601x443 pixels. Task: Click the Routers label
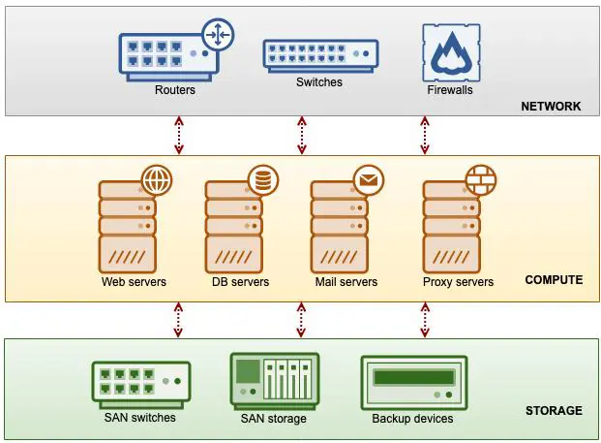pyautogui.click(x=175, y=90)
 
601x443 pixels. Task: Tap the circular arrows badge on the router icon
pyautogui.click(x=218, y=35)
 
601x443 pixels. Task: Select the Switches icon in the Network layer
pyautogui.click(x=320, y=56)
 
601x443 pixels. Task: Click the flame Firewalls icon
pyautogui.click(x=451, y=52)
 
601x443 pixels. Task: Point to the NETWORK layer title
pyautogui.click(x=551, y=106)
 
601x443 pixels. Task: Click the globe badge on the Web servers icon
pyautogui.click(x=157, y=180)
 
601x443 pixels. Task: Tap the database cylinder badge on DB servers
pyautogui.click(x=263, y=180)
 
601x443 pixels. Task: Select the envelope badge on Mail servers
pyautogui.click(x=369, y=180)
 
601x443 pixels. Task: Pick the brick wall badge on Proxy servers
pyautogui.click(x=481, y=180)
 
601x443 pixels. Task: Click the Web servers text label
pyautogui.click(x=134, y=282)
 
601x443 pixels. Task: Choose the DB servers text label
pyautogui.click(x=240, y=282)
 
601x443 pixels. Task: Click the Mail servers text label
pyautogui.click(x=346, y=282)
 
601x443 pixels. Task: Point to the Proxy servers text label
pyautogui.click(x=458, y=282)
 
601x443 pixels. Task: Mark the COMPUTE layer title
pyautogui.click(x=554, y=280)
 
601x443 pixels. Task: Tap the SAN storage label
pyautogui.click(x=273, y=418)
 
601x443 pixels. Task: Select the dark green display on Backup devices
pyautogui.click(x=414, y=377)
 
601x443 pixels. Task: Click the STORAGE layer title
pyautogui.click(x=554, y=411)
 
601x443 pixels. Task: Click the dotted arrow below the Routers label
pyautogui.click(x=179, y=136)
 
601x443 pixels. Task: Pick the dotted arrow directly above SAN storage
pyautogui.click(x=301, y=320)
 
